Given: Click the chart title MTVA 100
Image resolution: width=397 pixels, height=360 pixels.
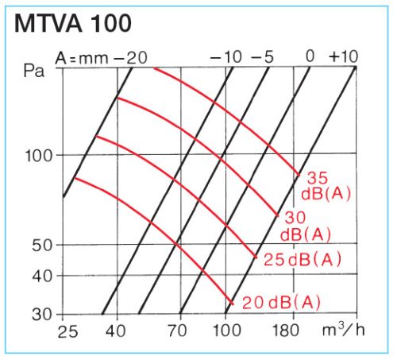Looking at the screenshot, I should (73, 23).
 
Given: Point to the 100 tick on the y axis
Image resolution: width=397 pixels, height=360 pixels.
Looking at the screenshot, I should (39, 155).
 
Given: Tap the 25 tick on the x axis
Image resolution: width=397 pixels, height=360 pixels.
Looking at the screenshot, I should (67, 330).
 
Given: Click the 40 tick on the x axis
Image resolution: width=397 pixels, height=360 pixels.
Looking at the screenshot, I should (117, 330).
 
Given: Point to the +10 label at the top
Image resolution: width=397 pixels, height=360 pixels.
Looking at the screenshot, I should (344, 57).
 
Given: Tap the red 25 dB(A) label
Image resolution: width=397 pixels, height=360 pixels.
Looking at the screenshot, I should (303, 259).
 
